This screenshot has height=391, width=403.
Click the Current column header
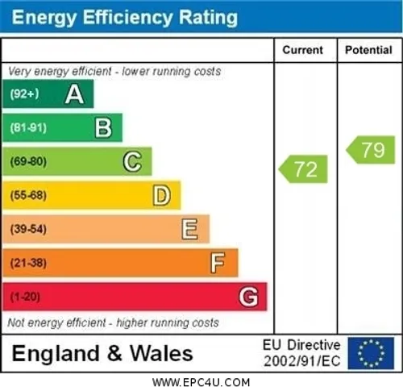click(x=303, y=50)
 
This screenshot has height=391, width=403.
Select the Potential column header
click(x=368, y=50)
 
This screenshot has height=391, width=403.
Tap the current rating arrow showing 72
click(x=303, y=169)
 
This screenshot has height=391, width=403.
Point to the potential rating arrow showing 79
click(x=371, y=150)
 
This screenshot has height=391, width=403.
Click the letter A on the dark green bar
click(x=74, y=94)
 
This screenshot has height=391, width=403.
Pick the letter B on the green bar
click(x=103, y=128)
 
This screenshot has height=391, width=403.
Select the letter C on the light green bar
click(x=132, y=161)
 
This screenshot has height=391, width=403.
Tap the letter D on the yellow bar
click(x=161, y=195)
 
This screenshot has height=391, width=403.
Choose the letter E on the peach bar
click(x=189, y=229)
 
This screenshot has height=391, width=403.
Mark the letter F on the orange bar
click(x=218, y=263)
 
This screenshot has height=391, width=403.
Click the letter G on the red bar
click(x=248, y=297)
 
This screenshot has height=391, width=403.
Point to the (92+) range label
click(x=24, y=94)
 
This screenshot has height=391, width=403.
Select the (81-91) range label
click(x=28, y=128)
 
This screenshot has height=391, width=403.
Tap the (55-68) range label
click(x=28, y=195)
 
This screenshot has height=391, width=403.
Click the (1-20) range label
click(x=25, y=297)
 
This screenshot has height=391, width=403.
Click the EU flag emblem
click(x=371, y=353)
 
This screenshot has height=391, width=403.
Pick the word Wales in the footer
click(x=161, y=353)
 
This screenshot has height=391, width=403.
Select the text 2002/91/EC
click(x=302, y=361)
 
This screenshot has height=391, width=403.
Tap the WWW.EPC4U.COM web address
click(x=201, y=382)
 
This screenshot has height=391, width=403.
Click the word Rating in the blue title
click(x=208, y=18)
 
